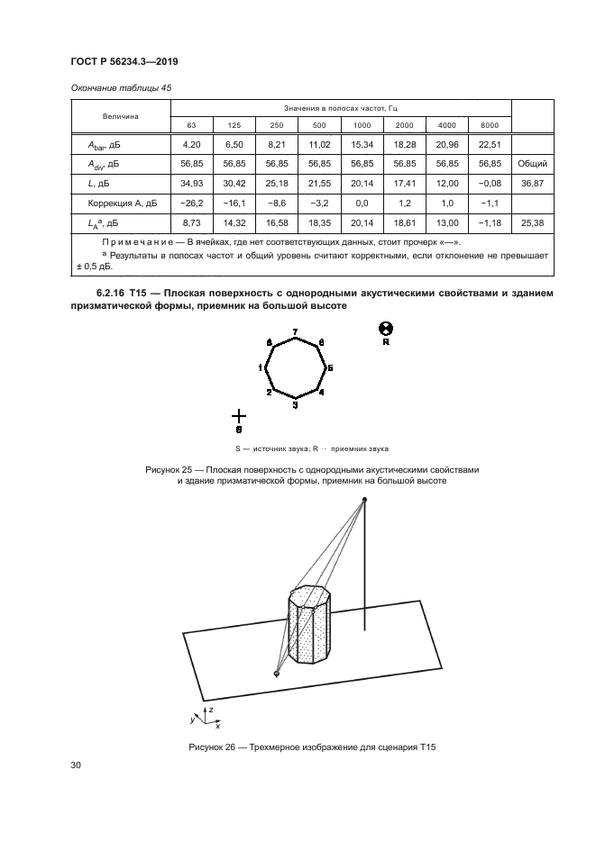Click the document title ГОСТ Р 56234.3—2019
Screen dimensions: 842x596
coord(124,63)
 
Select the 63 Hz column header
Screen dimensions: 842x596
coord(191,124)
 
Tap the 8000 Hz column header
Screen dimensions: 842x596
coord(489,124)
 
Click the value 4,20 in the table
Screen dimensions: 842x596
coord(191,144)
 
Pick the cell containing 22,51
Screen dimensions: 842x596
coord(489,144)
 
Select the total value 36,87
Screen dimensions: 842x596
coord(527,184)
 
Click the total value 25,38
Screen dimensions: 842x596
coord(527,222)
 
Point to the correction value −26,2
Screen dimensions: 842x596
coord(191,204)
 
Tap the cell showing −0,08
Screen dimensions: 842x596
coord(489,184)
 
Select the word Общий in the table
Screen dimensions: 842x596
coord(527,164)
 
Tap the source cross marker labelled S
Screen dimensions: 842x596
coord(238,415)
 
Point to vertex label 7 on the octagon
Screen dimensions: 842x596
coord(296,333)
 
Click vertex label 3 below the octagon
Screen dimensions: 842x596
coord(296,406)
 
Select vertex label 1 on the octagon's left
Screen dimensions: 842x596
coord(260,367)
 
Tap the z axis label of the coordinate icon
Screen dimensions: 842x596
coord(209,711)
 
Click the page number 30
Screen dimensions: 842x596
coord(76,765)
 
